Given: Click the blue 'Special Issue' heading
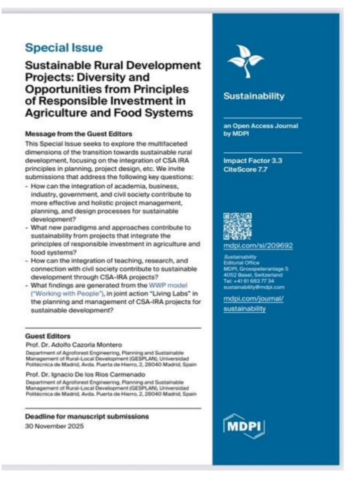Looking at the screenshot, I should (x=63, y=48).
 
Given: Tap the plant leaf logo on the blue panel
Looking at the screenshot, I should (x=245, y=61).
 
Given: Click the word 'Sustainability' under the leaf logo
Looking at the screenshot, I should (x=254, y=96).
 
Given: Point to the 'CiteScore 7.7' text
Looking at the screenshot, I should (x=245, y=169).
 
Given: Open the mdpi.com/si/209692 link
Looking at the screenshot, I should (x=258, y=246).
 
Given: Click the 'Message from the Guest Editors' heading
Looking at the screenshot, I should (x=78, y=134).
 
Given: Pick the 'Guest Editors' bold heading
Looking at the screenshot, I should (x=47, y=336).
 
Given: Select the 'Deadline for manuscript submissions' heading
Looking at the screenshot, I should (x=87, y=416).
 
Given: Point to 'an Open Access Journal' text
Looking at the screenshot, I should (x=260, y=126).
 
